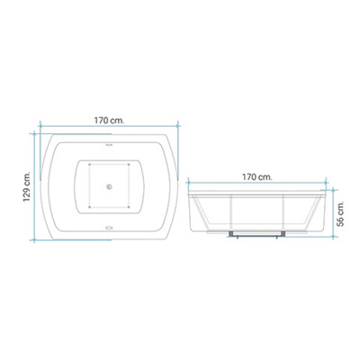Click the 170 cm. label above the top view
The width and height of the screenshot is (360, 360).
pyautogui.click(x=109, y=121)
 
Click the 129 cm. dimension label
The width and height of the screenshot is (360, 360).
pyautogui.click(x=28, y=186)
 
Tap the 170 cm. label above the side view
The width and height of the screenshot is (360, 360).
pyautogui.click(x=257, y=177)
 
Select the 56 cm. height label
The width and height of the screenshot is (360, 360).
pyautogui.click(x=340, y=213)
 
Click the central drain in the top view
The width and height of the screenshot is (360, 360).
pyautogui.click(x=109, y=186)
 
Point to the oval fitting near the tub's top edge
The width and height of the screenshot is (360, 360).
pyautogui.click(x=109, y=145)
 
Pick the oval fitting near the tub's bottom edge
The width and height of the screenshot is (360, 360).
pyautogui.click(x=109, y=228)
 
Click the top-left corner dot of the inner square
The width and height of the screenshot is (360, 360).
pyautogui.click(x=89, y=165)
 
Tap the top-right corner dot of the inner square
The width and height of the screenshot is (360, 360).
pyautogui.click(x=129, y=165)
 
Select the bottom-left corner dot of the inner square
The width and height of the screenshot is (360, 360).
pyautogui.click(x=89, y=207)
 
